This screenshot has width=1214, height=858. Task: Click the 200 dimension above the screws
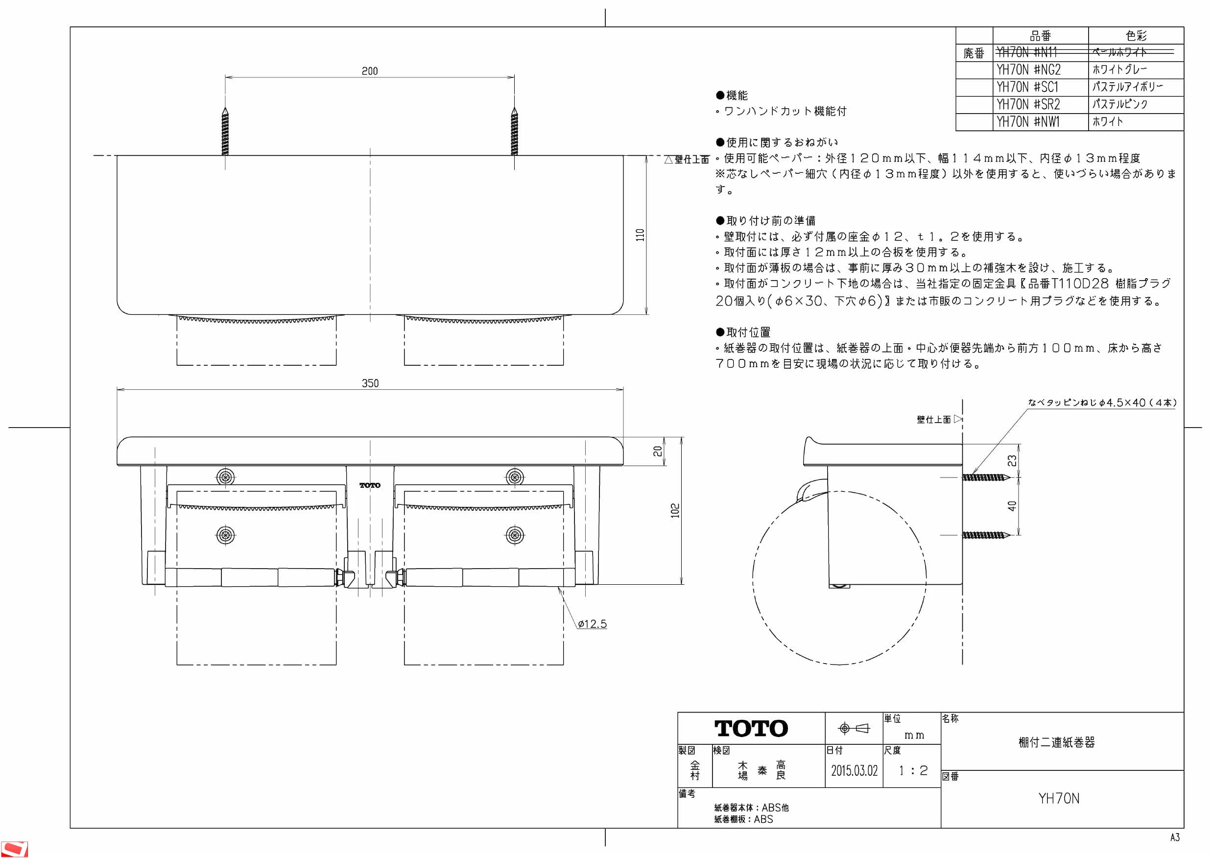coord(370,71)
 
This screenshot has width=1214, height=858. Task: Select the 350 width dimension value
coord(370,383)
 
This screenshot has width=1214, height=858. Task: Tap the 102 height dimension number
coord(675,511)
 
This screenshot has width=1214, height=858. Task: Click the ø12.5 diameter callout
coord(592,624)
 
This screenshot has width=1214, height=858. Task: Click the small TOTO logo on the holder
coord(370,485)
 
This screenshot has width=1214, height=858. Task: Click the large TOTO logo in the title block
coord(751,729)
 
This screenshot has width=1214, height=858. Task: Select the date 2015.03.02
coord(854,771)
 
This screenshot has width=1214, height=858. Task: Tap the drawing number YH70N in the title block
coord(1059,799)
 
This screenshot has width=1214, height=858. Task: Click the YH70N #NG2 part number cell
coord(1028,70)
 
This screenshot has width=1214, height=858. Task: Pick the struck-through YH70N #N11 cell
coord(1027,52)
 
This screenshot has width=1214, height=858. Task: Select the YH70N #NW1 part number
coord(1028,122)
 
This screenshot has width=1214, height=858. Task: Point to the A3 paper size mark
coord(1175,837)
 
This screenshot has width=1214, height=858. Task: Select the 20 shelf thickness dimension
coord(657,451)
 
